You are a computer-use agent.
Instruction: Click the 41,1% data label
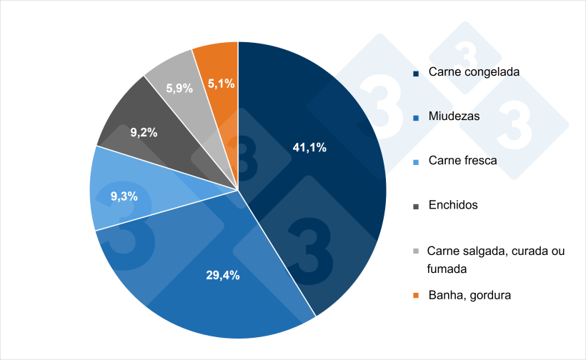pos(309,148)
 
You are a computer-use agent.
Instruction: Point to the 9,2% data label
pos(144,132)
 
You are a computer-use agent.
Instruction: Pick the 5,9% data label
pos(179,89)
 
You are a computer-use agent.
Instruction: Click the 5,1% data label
pos(222,84)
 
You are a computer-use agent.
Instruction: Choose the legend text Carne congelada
pos(474,72)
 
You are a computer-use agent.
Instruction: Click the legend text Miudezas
pos(454,116)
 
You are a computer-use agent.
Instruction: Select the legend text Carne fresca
pos(462,160)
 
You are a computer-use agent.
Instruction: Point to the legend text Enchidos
pos(453,205)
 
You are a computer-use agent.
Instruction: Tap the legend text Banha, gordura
pos(470,294)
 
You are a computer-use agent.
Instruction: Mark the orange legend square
pos(416,295)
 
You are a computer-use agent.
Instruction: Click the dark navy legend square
pos(416,73)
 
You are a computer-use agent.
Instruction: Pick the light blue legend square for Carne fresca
pos(416,161)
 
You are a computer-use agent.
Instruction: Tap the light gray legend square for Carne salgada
pos(416,251)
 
